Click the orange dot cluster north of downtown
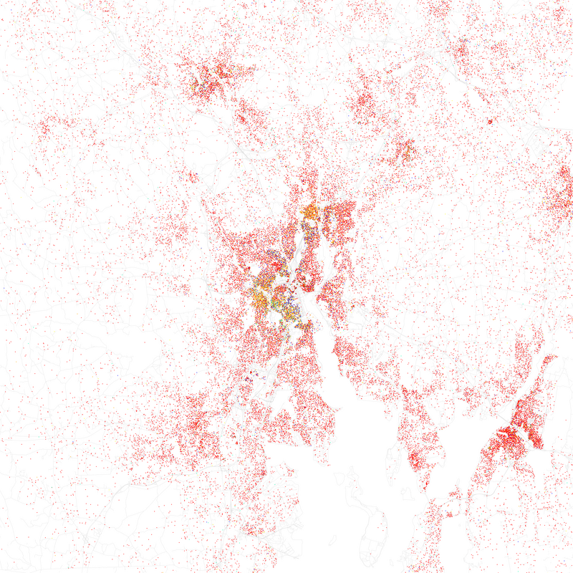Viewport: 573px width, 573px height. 311,212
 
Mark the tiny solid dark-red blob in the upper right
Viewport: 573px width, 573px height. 490,121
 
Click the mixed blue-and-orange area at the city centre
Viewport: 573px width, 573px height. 276,283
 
